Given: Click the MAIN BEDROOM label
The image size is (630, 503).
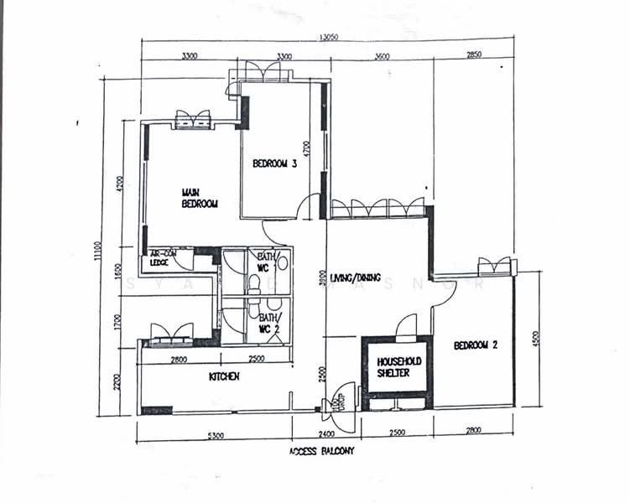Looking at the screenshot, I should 200,199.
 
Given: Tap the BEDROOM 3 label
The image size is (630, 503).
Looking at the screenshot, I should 275,164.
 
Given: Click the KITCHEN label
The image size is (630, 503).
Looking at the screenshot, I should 224,377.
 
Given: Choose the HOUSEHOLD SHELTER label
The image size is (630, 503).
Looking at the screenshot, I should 398,366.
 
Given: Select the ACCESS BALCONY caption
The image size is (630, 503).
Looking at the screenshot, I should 322,451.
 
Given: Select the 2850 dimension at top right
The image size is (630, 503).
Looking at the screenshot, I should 474,54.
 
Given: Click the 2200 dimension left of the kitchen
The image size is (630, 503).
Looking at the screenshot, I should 117,383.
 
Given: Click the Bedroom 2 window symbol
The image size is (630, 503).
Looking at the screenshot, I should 495,267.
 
